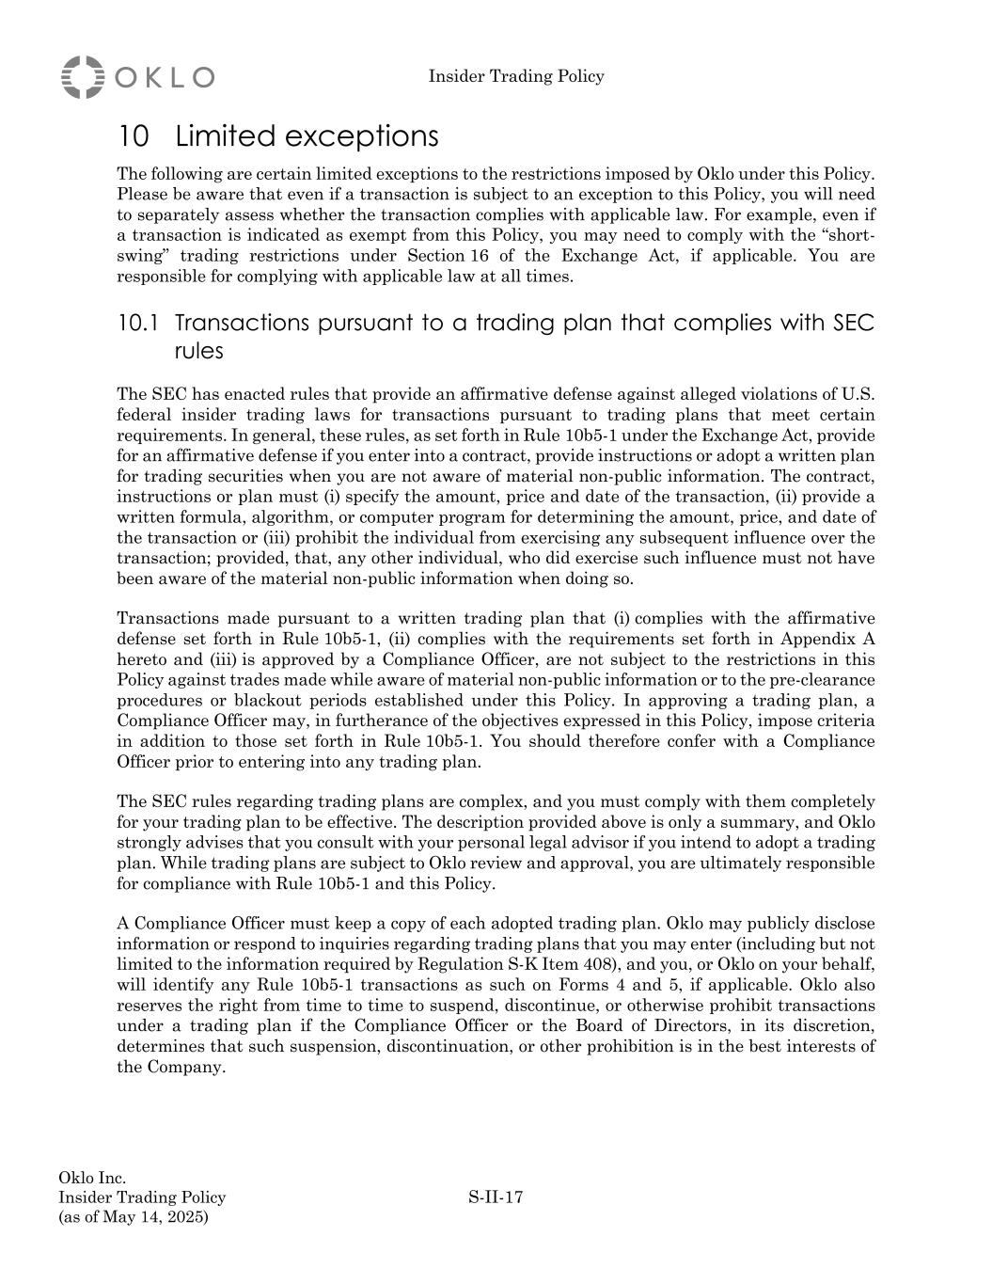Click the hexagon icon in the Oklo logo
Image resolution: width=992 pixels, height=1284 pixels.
click(83, 76)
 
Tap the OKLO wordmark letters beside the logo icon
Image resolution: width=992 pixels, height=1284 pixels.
click(165, 77)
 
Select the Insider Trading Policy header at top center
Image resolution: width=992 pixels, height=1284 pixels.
click(516, 76)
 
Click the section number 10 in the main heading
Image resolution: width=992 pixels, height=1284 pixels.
click(134, 136)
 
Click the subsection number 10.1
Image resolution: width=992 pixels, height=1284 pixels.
click(137, 324)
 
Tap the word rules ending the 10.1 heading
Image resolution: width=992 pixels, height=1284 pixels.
click(198, 351)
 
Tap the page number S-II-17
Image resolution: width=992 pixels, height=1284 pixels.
click(496, 1197)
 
